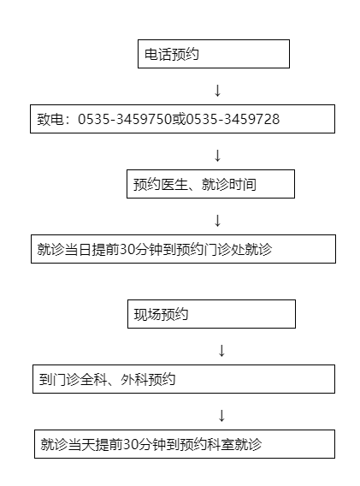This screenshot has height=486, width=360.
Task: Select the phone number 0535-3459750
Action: coord(125,119)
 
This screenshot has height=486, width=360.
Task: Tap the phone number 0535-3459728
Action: coord(233,119)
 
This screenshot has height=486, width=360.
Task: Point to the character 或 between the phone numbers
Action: coord(179,119)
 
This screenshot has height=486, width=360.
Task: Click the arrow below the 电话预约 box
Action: coord(217,90)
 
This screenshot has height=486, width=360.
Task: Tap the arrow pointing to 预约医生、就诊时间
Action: coord(217,155)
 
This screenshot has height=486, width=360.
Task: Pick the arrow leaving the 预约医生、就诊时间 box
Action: coord(217,221)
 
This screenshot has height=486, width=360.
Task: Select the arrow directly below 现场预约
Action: coord(221,351)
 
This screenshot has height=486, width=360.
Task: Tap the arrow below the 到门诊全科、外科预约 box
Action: coord(221,416)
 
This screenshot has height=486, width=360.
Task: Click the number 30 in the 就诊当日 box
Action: coord(127,250)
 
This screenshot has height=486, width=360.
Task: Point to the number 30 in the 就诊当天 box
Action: coord(130,444)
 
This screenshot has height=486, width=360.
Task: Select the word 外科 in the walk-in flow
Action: coord(134,379)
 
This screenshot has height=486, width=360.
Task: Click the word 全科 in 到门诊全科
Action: coord(93,379)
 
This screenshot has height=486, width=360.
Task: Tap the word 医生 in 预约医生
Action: coord(174,185)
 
